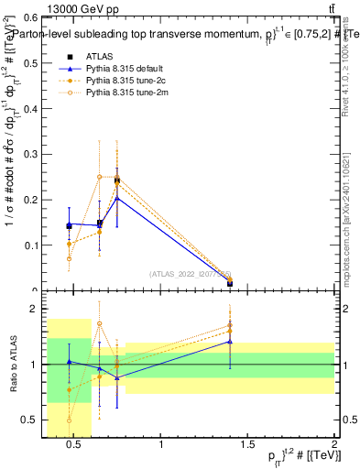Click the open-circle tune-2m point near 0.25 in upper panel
coord(100,177)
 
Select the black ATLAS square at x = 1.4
coord(230,283)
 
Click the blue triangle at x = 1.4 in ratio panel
coord(230,342)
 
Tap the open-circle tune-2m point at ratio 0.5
coord(69,420)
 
